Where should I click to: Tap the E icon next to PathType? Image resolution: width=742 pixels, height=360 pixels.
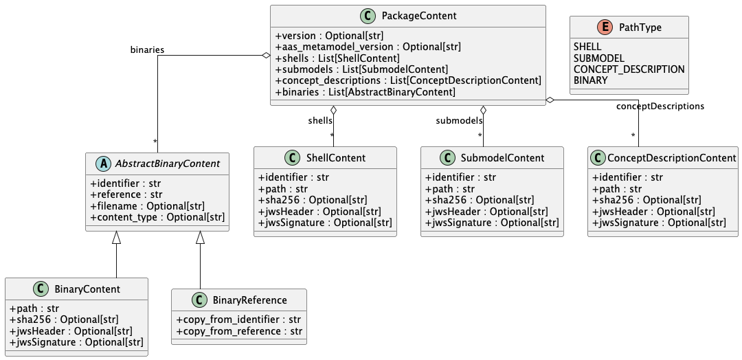coord(605,27)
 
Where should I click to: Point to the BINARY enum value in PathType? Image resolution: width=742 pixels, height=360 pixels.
coord(590,80)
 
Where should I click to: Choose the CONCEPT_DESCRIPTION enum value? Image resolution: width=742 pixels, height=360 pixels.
coord(629,69)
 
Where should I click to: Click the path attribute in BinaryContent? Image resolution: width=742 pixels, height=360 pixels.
coord(34,308)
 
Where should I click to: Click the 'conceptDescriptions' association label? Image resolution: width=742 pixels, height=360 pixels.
coord(660,106)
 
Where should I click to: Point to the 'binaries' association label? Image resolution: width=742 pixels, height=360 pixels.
coord(147,49)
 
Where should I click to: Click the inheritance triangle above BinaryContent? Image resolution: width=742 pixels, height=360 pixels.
coord(116,238)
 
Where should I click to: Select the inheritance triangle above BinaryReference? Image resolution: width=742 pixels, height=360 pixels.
coord(200,238)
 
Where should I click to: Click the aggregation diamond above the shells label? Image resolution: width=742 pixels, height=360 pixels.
coord(333,111)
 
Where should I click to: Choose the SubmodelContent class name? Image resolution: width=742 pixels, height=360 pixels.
coord(504,158)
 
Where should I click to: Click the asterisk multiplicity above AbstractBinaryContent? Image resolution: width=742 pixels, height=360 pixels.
coord(155,142)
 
